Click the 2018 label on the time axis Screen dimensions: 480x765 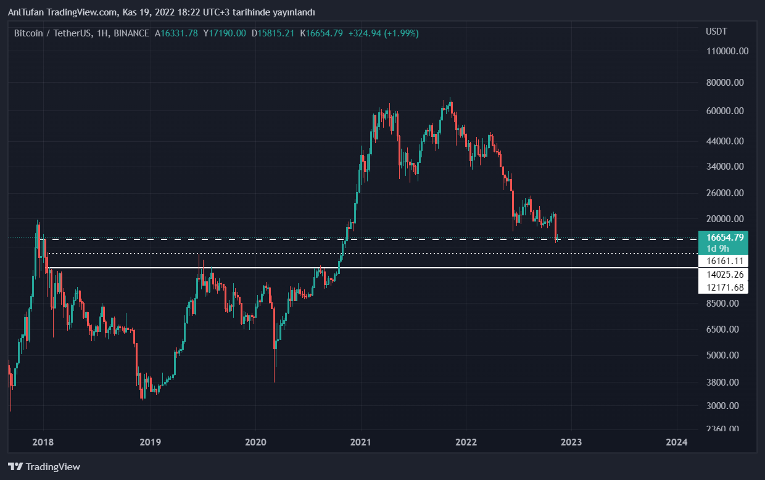point(44,442)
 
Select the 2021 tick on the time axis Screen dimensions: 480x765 point(360,442)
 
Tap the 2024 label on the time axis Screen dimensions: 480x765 point(677,442)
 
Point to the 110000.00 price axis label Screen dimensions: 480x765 point(727,51)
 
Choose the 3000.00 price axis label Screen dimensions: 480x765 point(723,406)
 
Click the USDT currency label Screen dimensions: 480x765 point(716,31)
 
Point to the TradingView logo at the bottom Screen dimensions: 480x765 point(44,467)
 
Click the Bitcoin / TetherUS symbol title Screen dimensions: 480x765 point(51,33)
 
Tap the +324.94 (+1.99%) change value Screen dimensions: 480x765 point(383,33)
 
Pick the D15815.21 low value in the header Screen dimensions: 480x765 point(273,33)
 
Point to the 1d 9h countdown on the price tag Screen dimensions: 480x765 point(719,249)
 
